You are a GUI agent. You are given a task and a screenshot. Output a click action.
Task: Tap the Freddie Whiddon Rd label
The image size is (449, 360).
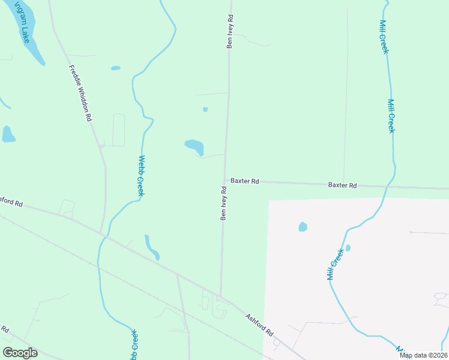click(x=80, y=93)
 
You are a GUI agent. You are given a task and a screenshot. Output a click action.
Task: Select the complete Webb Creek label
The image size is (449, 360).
click(x=142, y=176)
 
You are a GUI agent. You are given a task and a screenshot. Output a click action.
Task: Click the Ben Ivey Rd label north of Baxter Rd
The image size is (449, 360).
click(x=229, y=32)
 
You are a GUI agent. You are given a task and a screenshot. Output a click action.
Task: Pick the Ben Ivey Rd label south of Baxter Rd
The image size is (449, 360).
click(x=223, y=203)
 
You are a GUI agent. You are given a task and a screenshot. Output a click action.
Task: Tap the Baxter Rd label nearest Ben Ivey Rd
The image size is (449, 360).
click(x=245, y=181)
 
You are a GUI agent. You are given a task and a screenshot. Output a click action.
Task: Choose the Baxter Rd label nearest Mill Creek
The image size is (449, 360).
click(x=342, y=185)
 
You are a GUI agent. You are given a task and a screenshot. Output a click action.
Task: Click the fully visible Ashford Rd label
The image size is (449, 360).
click(x=259, y=323)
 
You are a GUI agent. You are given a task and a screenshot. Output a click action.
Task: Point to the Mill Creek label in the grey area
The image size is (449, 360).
click(x=335, y=264)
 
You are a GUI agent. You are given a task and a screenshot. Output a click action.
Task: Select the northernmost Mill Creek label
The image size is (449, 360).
click(x=384, y=37)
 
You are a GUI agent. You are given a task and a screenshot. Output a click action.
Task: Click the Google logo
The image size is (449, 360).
click(x=20, y=353)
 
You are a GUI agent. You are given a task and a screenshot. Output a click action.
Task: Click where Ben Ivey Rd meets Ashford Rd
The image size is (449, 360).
click(x=221, y=297)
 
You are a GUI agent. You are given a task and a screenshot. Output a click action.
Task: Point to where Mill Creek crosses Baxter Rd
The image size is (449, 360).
click(x=391, y=187)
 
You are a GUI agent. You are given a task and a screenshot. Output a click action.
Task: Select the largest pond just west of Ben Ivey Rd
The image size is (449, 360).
click(x=194, y=147)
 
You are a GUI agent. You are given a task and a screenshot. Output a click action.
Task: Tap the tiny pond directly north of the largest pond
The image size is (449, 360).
click(x=205, y=109)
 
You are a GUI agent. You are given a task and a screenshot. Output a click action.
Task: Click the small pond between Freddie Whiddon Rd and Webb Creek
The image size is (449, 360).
click(x=115, y=68)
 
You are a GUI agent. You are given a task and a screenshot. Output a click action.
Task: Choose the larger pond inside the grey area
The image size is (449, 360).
click(x=303, y=227)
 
